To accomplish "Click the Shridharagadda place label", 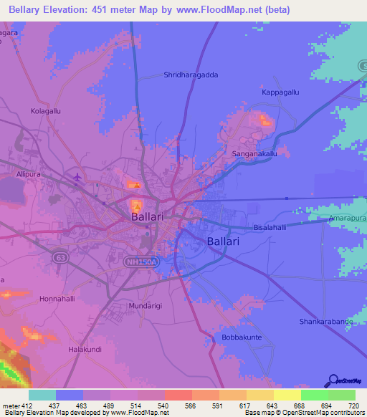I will tap(191, 75).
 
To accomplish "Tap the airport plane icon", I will tap(77, 177).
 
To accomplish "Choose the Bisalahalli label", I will tap(269, 227).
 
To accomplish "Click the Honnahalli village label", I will tap(62, 298).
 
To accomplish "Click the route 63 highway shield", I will tap(58, 256).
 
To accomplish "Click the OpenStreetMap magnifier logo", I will tap(333, 381).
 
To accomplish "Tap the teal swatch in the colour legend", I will tap(42, 395).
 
